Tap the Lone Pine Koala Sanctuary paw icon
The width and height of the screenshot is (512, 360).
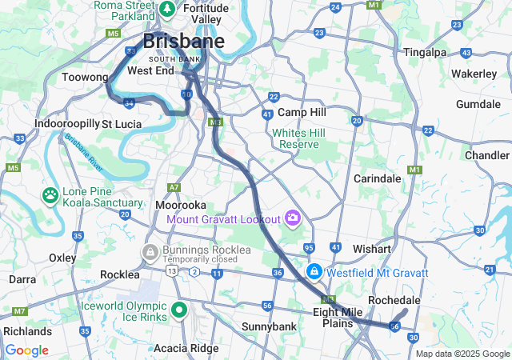[50, 194]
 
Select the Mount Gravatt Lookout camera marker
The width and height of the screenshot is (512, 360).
[293, 218]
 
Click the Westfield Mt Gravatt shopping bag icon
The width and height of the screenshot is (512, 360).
[315, 273]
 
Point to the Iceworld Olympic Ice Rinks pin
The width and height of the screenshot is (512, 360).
[178, 310]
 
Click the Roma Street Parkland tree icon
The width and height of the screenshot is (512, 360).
[168, 10]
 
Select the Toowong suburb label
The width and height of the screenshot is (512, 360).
[85, 78]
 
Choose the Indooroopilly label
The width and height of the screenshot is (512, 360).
[66, 124]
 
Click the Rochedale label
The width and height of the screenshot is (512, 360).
[394, 300]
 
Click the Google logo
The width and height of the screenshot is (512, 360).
[26, 350]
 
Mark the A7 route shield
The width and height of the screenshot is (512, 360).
[174, 187]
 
